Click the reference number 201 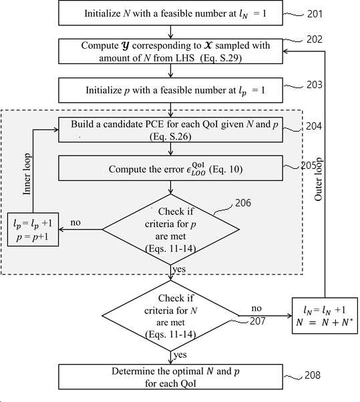315,13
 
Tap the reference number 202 315,39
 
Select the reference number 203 315,85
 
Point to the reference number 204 314,126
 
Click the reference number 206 243,203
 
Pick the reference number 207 257,321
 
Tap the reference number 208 313,375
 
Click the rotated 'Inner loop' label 27,174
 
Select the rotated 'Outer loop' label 318,179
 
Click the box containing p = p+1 33,230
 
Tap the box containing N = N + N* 325,316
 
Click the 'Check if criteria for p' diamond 171,230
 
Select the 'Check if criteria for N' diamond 171,316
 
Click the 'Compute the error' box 171,168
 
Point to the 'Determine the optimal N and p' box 171,377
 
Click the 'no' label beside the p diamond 75,222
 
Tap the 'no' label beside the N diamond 256,308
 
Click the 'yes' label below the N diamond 180,355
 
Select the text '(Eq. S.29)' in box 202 221,58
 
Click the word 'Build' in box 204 82,124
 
